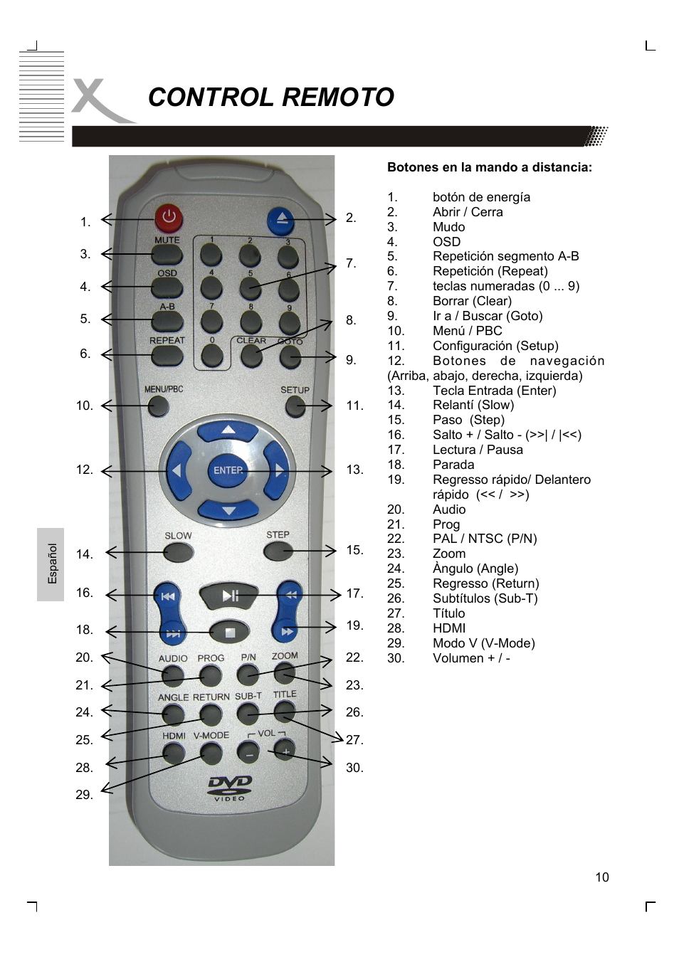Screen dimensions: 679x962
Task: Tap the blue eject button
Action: pos(280,221)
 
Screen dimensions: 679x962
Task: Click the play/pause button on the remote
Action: pos(229,595)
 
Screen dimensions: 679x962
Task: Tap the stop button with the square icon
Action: pos(230,633)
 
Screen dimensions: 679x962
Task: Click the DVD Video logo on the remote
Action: pos(229,788)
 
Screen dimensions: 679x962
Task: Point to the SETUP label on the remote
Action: pos(295,390)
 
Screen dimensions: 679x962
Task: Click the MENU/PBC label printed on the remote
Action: pos(164,389)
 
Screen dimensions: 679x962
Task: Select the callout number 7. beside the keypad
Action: pos(352,263)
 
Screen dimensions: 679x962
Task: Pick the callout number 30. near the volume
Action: pos(354,768)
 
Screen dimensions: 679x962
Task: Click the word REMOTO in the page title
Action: pos(338,97)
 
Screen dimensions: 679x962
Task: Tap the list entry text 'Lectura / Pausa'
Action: pos(478,450)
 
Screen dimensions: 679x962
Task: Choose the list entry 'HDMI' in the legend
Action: pos(449,628)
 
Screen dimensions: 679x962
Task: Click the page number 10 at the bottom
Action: pos(602,877)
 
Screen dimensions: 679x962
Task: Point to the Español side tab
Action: pos(51,564)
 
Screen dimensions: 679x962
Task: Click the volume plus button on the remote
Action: pos(285,750)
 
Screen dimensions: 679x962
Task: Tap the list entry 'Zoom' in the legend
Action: pos(449,554)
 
